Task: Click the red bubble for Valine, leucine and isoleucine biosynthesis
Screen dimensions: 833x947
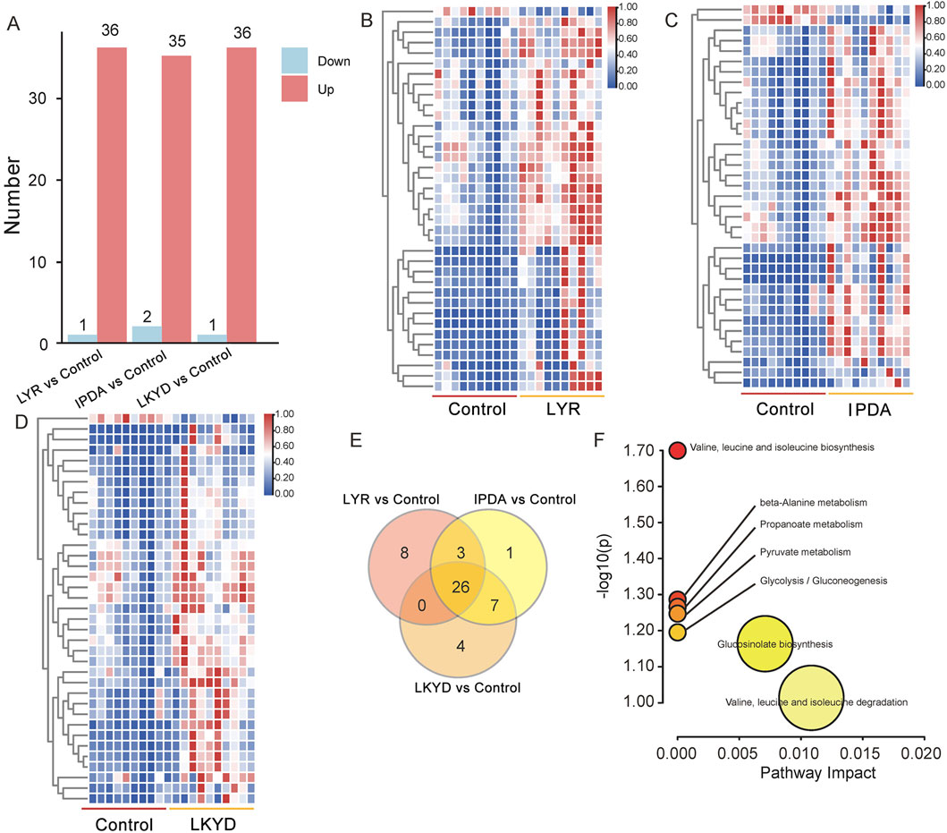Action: tap(678, 450)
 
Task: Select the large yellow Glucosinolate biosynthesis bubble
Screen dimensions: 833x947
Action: tap(765, 644)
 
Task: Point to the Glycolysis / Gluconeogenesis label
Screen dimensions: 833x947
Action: tap(824, 581)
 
